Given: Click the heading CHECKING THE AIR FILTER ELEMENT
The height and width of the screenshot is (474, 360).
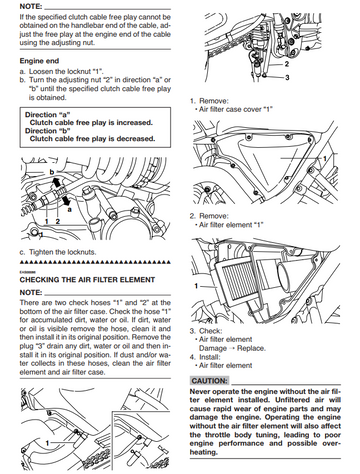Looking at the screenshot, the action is [87, 280].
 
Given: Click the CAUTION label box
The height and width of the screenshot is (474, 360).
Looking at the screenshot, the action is [210, 381].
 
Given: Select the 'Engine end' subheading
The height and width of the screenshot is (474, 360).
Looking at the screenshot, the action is [39, 61].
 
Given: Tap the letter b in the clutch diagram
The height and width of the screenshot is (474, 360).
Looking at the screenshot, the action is [52, 172].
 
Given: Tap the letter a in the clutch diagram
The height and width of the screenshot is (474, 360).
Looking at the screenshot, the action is [69, 210].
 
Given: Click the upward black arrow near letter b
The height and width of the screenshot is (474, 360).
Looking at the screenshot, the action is [57, 182].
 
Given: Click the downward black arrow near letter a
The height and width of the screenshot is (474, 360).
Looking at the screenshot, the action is [66, 200].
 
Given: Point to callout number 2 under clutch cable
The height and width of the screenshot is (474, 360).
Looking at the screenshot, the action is [58, 221].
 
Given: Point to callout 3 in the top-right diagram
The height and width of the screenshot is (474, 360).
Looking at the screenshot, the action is [287, 78].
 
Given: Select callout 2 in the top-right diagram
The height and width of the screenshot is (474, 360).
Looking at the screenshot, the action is [287, 64].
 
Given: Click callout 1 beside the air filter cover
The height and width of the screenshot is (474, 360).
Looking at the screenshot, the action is [325, 159].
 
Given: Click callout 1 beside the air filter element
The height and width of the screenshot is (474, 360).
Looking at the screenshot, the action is [196, 286].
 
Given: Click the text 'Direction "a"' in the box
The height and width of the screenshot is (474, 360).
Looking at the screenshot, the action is [48, 115].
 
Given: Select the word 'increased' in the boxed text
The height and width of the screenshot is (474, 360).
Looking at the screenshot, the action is [133, 123].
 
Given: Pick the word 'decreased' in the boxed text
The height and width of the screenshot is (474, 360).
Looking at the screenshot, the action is [135, 139].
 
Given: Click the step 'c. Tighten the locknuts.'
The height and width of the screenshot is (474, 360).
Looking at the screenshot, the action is [58, 252].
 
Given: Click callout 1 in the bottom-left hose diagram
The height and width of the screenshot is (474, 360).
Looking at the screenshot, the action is [48, 443].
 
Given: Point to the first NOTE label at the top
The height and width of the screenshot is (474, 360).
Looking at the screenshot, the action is [31, 6].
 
